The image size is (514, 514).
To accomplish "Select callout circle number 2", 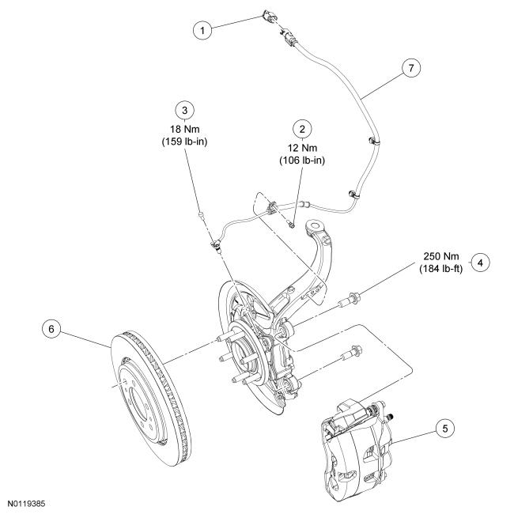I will coord(301,127).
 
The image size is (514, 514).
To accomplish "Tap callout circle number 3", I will coord(185,108).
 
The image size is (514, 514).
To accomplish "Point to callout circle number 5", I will coord(446,428).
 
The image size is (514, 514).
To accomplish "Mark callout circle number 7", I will coord(409,68).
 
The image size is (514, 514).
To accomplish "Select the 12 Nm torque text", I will coord(301,147).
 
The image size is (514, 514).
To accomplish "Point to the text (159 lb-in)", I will coord(184,142).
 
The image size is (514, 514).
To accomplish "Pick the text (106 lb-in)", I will coord(301,161).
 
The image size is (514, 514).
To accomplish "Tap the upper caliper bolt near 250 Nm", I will coord(349,300).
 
